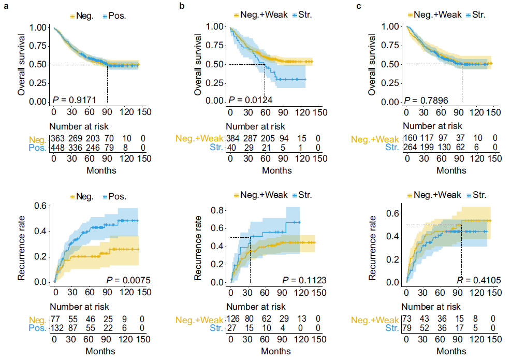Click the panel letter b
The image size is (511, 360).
182,6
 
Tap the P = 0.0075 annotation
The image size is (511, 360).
128,280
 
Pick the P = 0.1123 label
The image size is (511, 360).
304,280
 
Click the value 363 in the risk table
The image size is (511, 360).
57,139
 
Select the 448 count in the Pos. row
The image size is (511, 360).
57,148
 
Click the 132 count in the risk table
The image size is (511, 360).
57,328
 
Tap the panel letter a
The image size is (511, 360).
6,6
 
